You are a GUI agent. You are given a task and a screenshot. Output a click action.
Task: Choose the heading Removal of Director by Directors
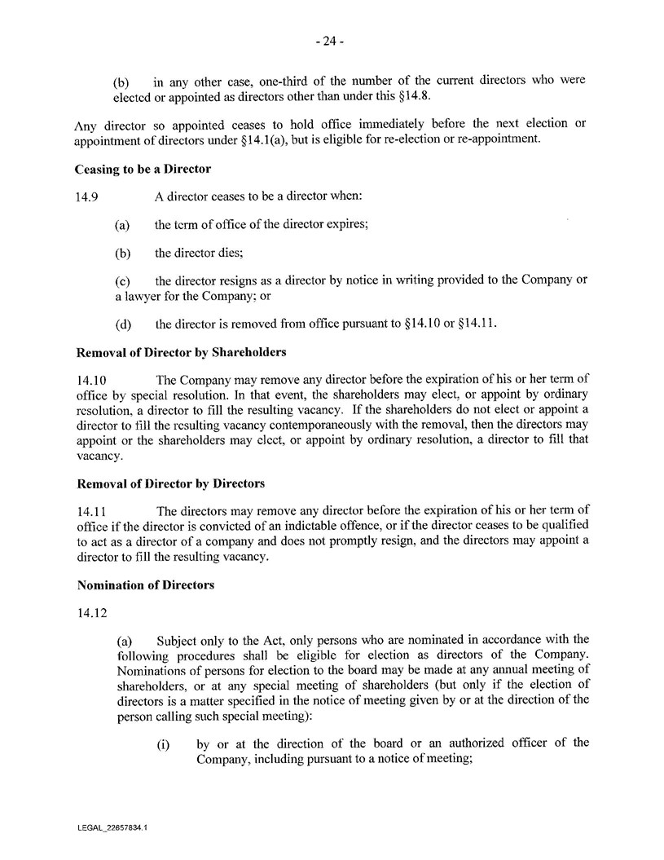point(170,483)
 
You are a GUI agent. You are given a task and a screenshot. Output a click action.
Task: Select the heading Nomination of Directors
point(134,585)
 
